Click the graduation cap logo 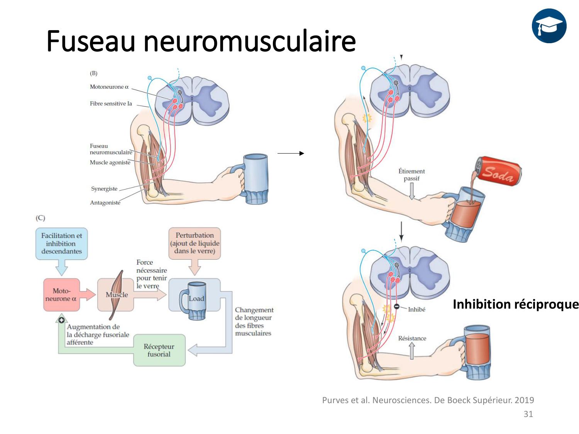(x=549, y=26)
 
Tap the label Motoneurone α (x=109, y=87)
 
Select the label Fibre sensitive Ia (x=111, y=103)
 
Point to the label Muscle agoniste (x=110, y=162)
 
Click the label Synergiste (x=104, y=189)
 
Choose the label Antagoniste (x=105, y=203)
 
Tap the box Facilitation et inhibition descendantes (x=61, y=243)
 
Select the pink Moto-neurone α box (x=61, y=295)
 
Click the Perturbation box (x=195, y=243)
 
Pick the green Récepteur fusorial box (x=159, y=350)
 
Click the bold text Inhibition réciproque (x=516, y=304)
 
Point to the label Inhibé (x=416, y=309)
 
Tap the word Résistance (x=412, y=338)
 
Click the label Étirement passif (x=411, y=175)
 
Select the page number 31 (x=528, y=414)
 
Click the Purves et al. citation (x=428, y=400)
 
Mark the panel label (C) (x=41, y=218)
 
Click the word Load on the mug (x=196, y=299)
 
